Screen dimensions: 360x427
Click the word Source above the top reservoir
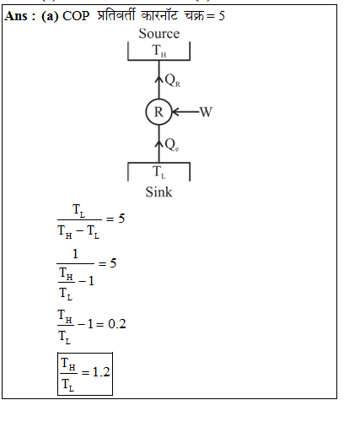pos(159,34)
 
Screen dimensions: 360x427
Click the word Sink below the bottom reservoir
pos(159,192)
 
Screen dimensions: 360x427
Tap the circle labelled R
pos(159,111)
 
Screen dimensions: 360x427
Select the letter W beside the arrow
pos(206,112)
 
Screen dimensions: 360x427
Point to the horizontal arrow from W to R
pos(185,111)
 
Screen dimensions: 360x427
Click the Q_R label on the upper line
pos(173,80)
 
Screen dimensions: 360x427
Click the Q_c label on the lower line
pos(172,145)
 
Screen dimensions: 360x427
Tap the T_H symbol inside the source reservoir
pos(159,51)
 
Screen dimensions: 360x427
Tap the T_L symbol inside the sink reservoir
pos(159,172)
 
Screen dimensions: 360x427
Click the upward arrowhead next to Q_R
pos(159,78)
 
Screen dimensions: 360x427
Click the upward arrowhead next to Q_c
pos(159,143)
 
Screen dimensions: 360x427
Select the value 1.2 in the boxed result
pos(101,372)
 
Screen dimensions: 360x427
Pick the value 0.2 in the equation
pos(117,324)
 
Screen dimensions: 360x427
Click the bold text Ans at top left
pos(16,16)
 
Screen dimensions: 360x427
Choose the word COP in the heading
pos(76,16)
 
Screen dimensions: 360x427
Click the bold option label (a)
pos(50,16)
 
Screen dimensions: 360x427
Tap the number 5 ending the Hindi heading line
pos(222,16)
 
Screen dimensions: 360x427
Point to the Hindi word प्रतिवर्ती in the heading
pos(116,15)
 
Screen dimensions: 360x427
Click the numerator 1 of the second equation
pos(75,254)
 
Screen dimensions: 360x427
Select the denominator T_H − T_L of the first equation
pos(78,232)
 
